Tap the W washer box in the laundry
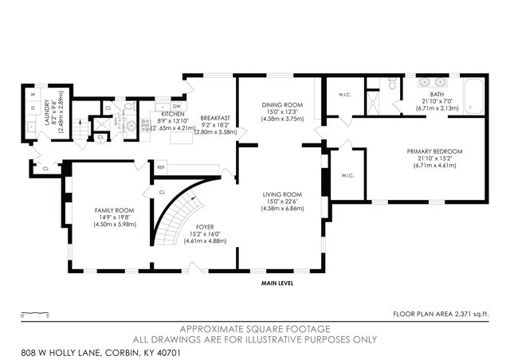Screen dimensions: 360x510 pyautogui.click(x=33, y=95)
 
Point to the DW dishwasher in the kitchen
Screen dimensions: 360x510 pyautogui.click(x=177, y=106)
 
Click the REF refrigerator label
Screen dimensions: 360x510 pyautogui.click(x=161, y=167)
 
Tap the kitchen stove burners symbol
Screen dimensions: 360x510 pyautogui.click(x=145, y=123)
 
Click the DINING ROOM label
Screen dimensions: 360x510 pyautogui.click(x=283, y=105)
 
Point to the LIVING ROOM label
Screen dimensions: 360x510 pyautogui.click(x=283, y=194)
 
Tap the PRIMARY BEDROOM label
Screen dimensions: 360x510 pyautogui.click(x=434, y=151)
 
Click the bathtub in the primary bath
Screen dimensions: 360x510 pyautogui.click(x=473, y=96)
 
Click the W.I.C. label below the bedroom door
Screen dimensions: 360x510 pyautogui.click(x=347, y=175)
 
